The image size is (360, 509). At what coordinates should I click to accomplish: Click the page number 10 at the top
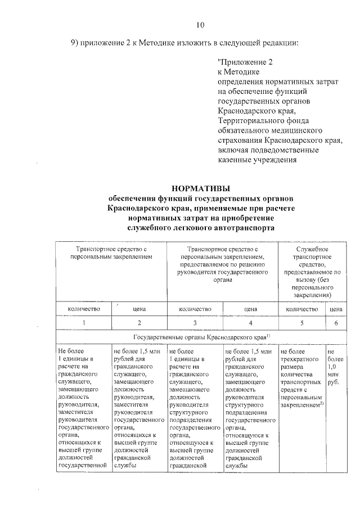pyautogui.click(x=200, y=24)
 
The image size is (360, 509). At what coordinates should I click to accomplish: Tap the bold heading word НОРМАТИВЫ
pyautogui.click(x=200, y=188)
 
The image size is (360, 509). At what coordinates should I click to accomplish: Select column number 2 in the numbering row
pyautogui.click(x=139, y=323)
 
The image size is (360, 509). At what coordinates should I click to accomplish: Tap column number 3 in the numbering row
pyautogui.click(x=195, y=323)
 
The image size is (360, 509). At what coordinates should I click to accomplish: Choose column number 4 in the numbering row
pyautogui.click(x=250, y=323)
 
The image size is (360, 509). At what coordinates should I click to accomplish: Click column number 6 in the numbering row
pyautogui.click(x=336, y=323)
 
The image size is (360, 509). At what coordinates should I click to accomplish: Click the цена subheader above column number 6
pyautogui.click(x=336, y=308)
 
